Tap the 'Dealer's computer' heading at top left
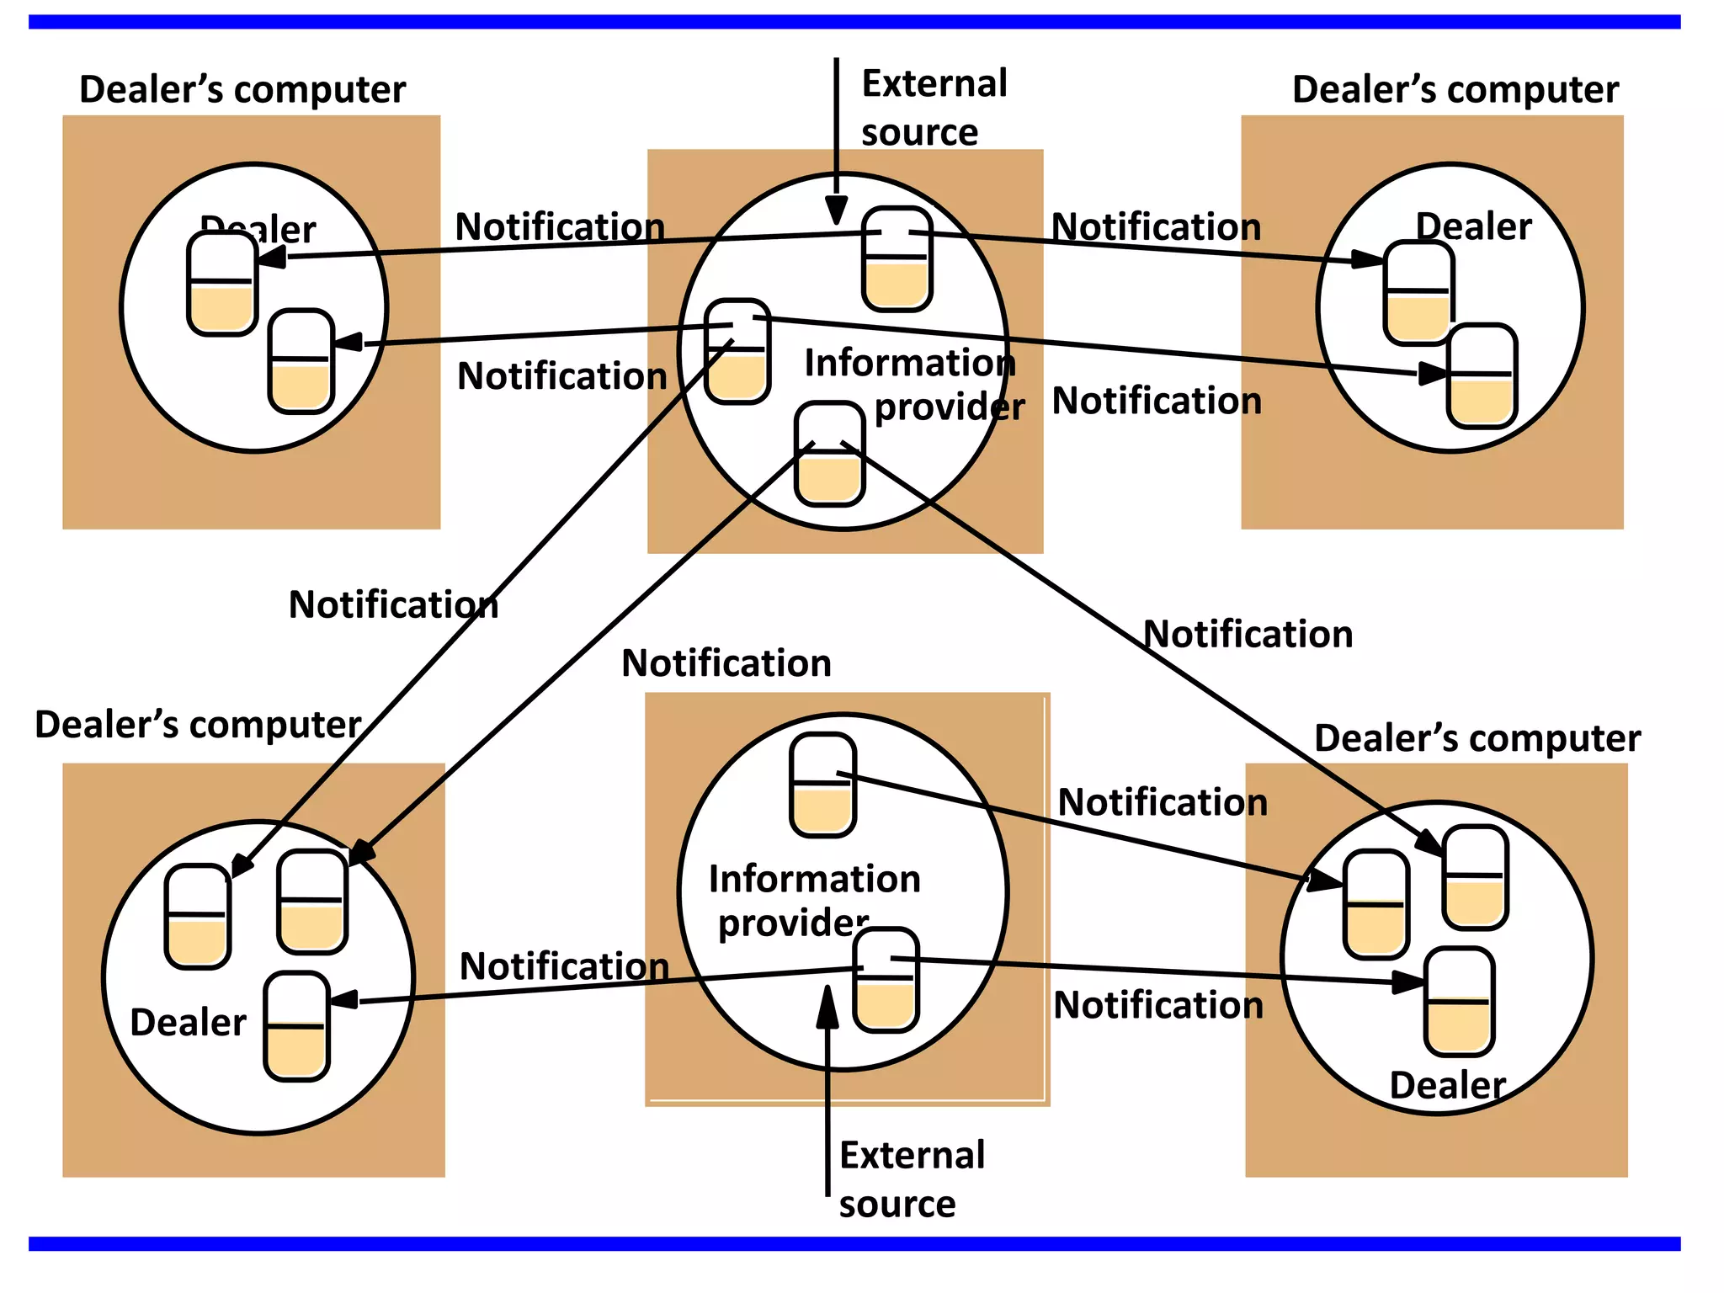tap(242, 89)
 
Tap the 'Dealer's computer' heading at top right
tap(1455, 89)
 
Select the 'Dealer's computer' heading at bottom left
tap(198, 724)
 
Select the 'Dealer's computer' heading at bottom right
tap(1477, 738)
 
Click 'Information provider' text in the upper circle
tap(913, 385)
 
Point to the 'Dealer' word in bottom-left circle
tap(188, 1023)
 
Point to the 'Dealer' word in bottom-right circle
tap(1447, 1085)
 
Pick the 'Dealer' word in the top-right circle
tap(1473, 226)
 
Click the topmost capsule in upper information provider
tap(897, 259)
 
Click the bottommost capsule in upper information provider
tap(830, 455)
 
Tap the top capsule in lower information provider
tap(822, 785)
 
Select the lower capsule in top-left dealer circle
tap(301, 362)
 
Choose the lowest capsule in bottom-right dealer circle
tap(1459, 1002)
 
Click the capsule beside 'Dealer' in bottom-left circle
tap(296, 1026)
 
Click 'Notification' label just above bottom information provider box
tap(726, 663)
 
